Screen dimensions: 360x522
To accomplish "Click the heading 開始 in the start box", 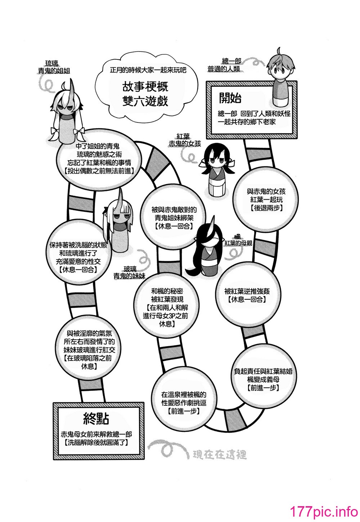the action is click(230, 98).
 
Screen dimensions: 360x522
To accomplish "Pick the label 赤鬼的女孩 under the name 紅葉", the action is click(185, 144).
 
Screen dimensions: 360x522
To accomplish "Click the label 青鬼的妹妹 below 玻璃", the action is click(129, 276).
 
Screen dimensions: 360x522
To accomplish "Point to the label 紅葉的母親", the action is click(238, 243).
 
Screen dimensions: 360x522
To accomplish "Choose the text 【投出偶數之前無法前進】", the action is click(99, 171).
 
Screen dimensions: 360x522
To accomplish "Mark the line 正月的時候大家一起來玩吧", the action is click(148, 70).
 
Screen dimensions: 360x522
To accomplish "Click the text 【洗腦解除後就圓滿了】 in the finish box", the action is click(96, 443).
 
